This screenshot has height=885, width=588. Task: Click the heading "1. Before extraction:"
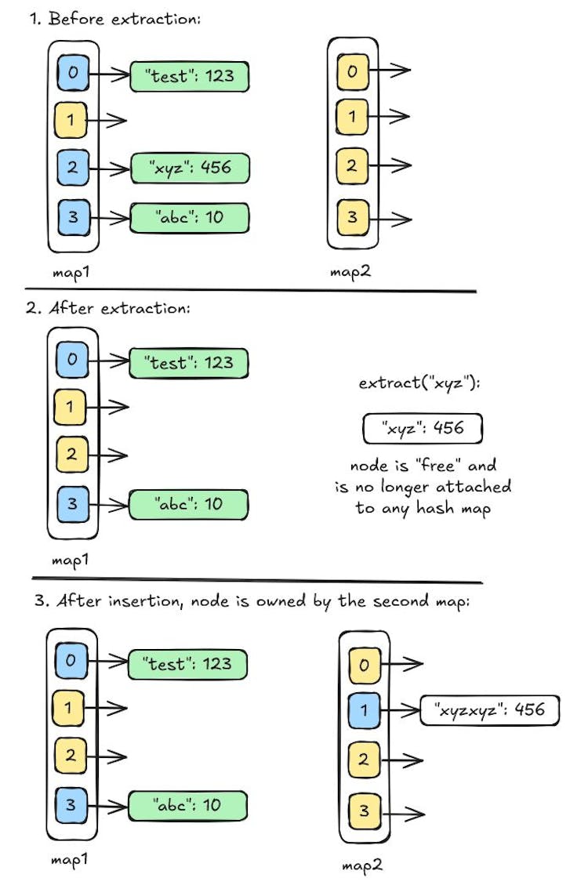point(115,19)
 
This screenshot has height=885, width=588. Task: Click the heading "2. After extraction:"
point(107,308)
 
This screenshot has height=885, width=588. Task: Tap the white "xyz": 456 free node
point(423,429)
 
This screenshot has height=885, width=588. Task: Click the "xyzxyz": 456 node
point(488,710)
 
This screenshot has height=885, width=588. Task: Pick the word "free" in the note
point(425,466)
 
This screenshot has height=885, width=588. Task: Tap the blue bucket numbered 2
point(73,167)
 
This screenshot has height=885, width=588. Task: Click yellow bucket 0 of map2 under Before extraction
point(351,72)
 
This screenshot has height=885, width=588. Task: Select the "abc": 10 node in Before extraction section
point(188,218)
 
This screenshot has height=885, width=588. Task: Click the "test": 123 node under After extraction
point(187,363)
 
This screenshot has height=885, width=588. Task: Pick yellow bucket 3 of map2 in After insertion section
point(363,809)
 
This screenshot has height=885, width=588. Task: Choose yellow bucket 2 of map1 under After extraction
point(71,454)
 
